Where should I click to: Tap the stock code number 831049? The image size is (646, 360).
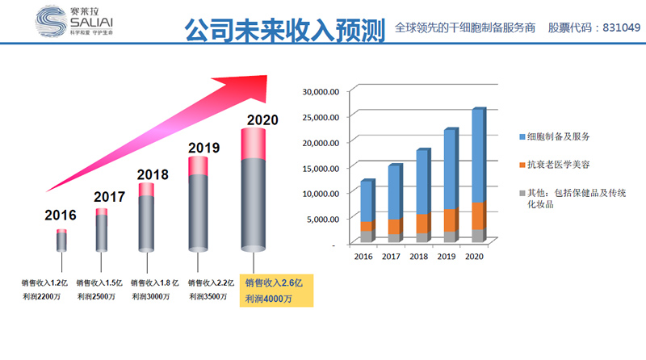tap(618, 27)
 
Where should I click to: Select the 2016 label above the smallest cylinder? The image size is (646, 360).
tap(61, 216)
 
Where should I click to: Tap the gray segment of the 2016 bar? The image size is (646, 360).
tap(367, 237)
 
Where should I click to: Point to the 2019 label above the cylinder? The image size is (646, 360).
tap(203, 147)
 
